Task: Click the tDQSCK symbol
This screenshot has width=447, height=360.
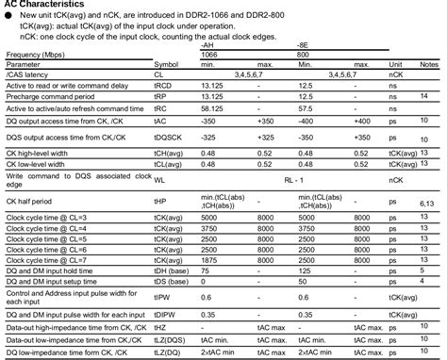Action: point(169,138)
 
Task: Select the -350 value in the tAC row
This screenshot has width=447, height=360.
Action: point(209,121)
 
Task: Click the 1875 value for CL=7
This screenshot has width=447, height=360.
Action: point(211,259)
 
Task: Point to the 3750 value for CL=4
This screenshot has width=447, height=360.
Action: point(211,228)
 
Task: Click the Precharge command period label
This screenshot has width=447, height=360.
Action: point(51,96)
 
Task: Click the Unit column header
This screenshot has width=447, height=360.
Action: point(395,63)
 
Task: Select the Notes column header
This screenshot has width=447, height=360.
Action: point(427,63)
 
